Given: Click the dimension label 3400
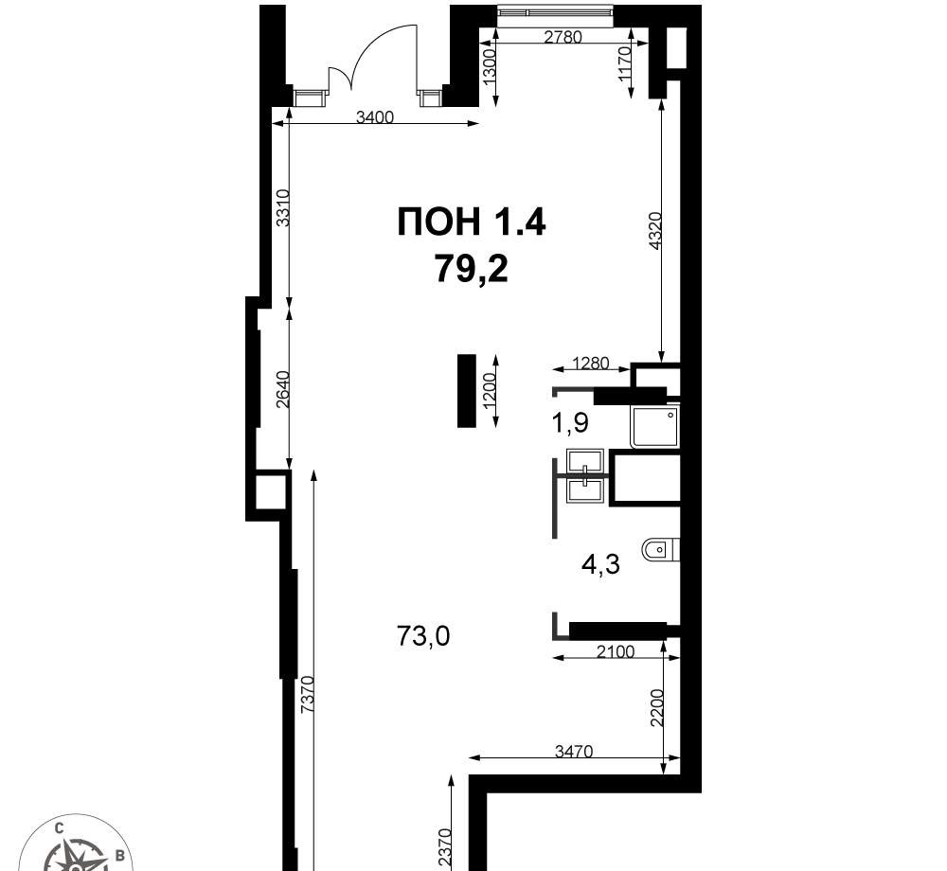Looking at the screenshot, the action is (374, 117).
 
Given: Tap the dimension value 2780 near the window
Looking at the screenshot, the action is (563, 38).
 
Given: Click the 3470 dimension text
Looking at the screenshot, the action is (574, 752).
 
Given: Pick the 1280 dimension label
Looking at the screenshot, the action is (591, 364).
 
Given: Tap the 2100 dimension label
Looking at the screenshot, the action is (616, 652).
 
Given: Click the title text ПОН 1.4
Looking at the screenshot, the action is (472, 221).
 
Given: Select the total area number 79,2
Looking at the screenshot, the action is (472, 269).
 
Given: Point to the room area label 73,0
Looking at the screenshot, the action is (423, 635).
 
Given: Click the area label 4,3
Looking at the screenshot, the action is (600, 565).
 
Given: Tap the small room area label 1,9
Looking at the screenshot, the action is (570, 423).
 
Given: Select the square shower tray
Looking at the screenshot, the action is (655, 427).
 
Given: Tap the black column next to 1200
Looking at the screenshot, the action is (467, 391).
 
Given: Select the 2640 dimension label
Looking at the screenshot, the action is (283, 389).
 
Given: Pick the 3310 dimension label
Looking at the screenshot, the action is (283, 208).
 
